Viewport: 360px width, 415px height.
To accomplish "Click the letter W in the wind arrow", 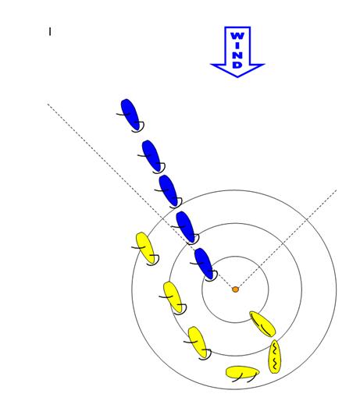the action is pos(237,36).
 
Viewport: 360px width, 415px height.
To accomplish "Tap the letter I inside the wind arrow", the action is pos(237,45).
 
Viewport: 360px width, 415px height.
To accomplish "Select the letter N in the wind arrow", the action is pos(237,55).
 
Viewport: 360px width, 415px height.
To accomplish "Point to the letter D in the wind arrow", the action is pos(237,65).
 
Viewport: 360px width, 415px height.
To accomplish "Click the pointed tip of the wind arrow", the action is pos(237,77).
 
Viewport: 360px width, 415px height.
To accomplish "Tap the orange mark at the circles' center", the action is pos(235,289).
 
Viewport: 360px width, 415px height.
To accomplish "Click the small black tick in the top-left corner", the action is pos(50,32).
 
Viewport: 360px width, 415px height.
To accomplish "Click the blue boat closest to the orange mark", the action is pos(204,264).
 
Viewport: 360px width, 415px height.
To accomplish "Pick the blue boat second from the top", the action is pos(151,156).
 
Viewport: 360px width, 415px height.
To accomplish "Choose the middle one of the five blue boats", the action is pos(168,190).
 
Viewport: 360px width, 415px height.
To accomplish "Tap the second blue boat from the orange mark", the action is pos(185,227).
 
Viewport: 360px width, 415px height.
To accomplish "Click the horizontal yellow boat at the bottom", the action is pos(242,372).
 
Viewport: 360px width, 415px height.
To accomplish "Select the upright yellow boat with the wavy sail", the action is pos(274,356).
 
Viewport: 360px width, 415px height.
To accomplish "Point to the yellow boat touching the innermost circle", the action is pos(262,324).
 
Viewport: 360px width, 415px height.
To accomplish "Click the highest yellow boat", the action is pos(145,248).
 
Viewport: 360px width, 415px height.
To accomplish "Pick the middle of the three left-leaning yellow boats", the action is pos(173,297).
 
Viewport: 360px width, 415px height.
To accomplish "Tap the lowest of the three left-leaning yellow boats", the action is pos(197,342).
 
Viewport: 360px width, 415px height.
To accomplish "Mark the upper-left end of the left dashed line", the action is pos(48,104).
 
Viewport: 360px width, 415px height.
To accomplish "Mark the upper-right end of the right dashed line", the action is pos(336,190).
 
